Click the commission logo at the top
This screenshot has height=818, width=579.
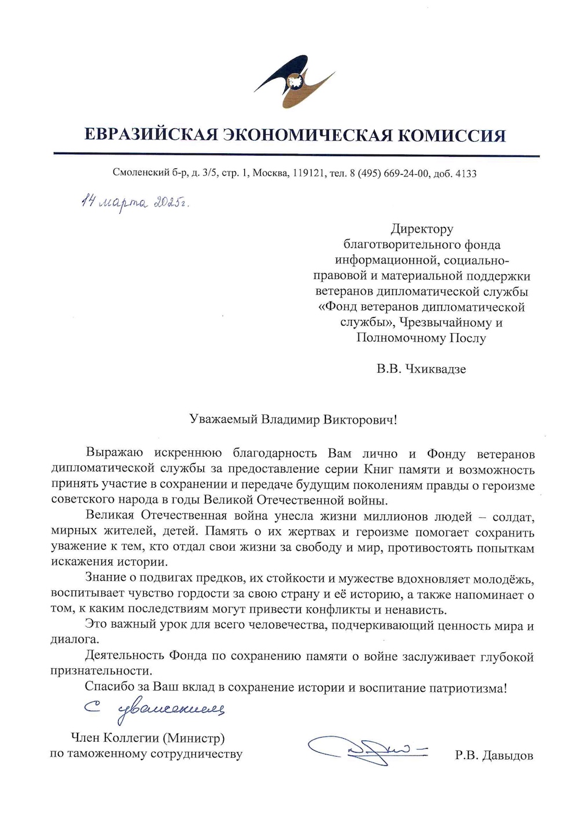click(294, 82)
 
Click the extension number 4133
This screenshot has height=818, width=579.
click(466, 173)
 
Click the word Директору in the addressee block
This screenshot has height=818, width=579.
click(422, 229)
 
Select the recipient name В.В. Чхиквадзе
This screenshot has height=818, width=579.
click(421, 369)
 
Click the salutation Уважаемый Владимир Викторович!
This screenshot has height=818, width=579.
click(293, 419)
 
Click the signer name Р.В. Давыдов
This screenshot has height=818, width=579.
click(494, 756)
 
